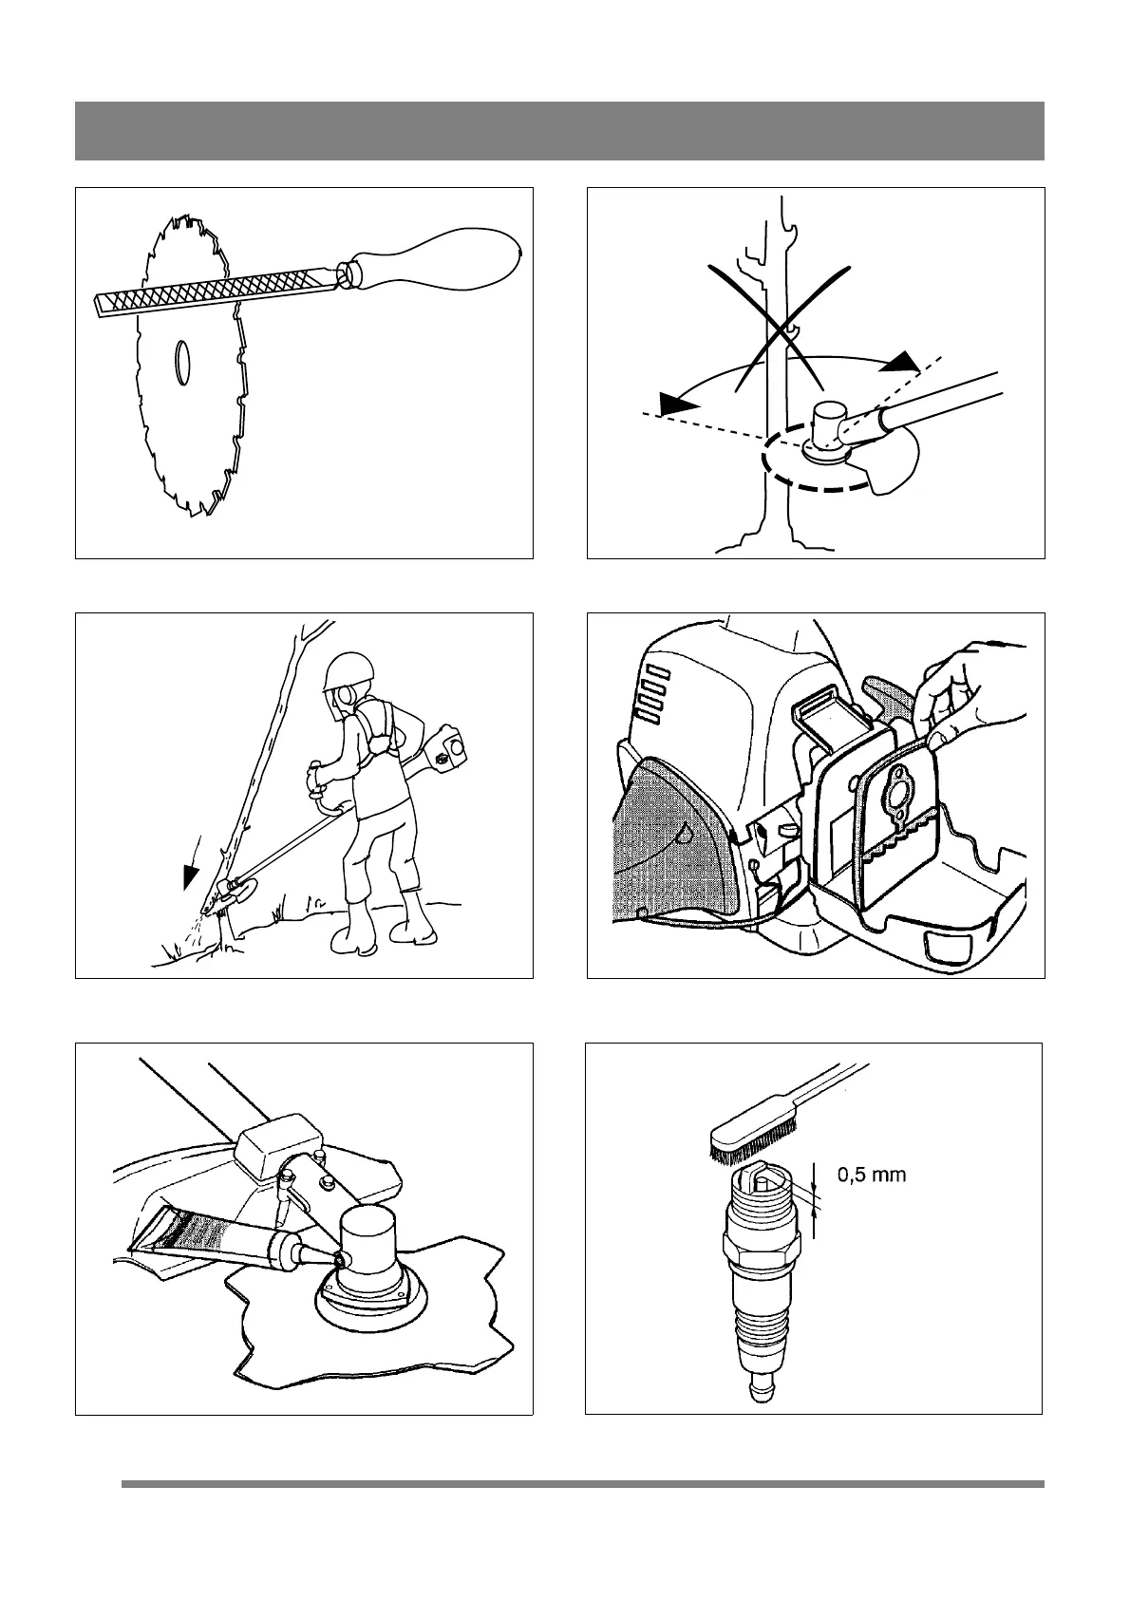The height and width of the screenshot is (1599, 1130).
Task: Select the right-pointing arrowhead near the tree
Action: (x=905, y=362)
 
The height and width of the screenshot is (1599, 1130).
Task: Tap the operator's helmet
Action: (x=344, y=670)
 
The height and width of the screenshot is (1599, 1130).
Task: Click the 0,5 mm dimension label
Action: (x=871, y=1175)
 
